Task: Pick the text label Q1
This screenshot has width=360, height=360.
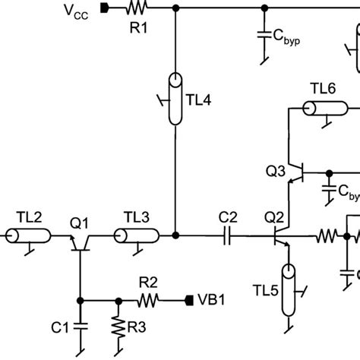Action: click(80, 223)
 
